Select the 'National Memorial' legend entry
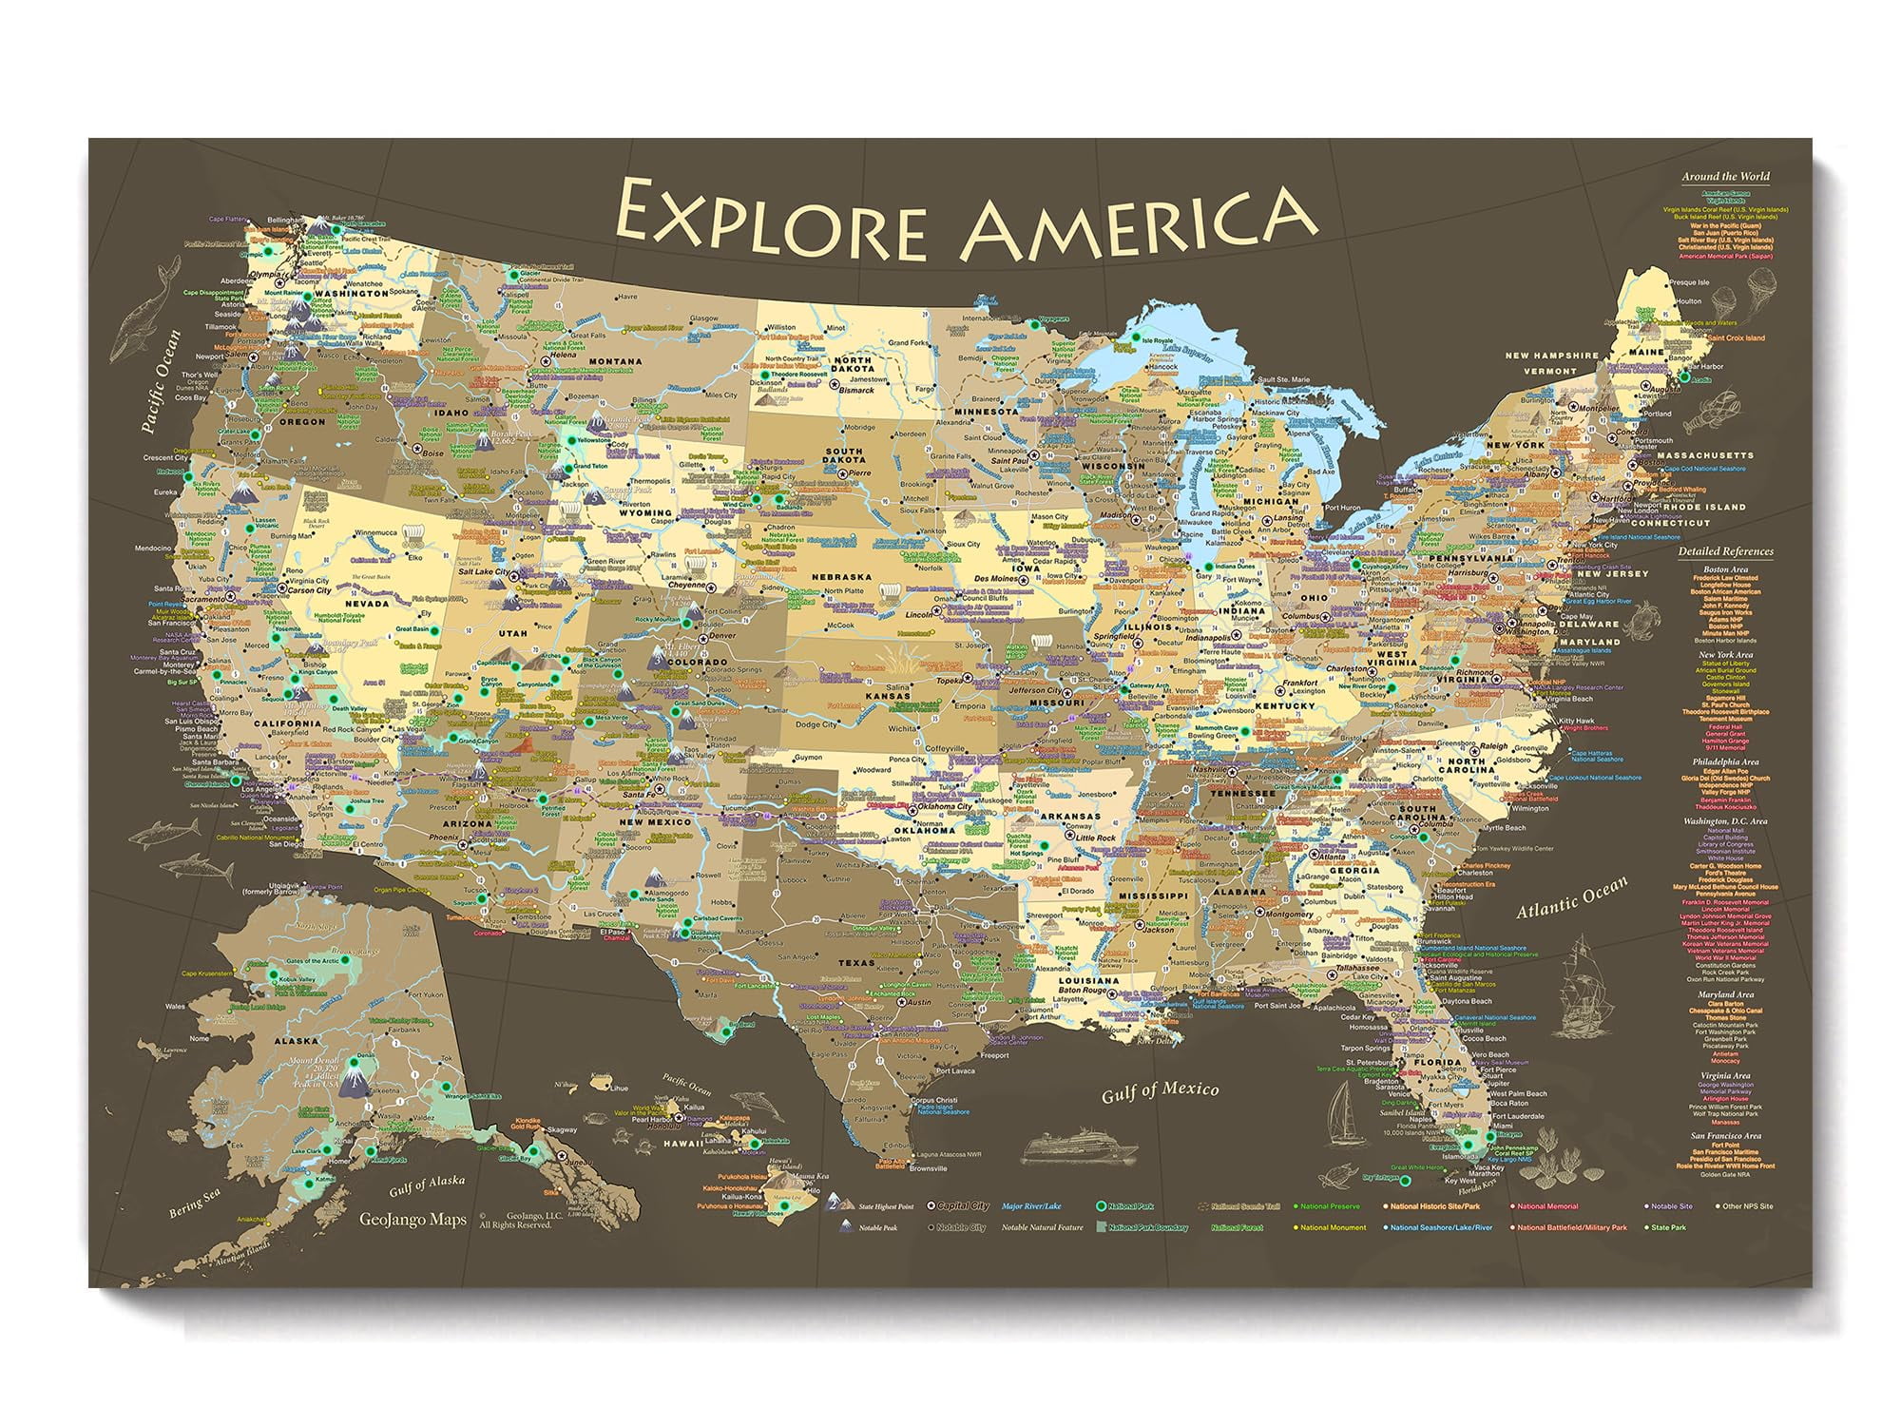pos(1547,1206)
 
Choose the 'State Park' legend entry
pos(1669,1227)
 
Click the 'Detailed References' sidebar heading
pos(1725,551)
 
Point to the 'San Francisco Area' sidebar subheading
pos(1725,1136)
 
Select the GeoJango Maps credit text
pos(413,1220)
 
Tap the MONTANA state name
pos(615,361)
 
